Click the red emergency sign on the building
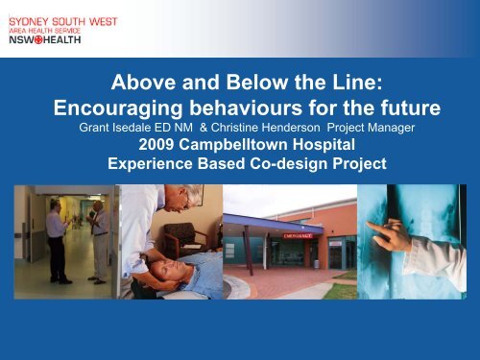278,230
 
